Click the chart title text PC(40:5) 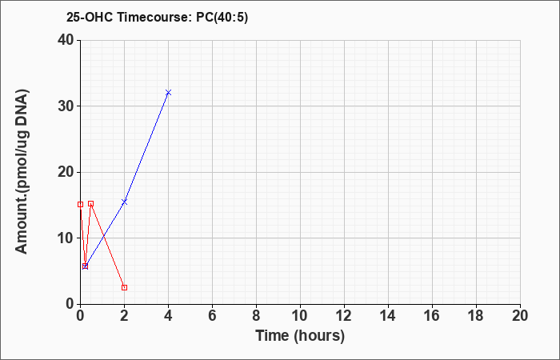pos(222,18)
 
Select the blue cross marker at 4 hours pos(169,93)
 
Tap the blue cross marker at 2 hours pos(124,202)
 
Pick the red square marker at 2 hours pos(124,287)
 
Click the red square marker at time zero pos(80,204)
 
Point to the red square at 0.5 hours pos(90,203)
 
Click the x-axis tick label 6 pos(212,316)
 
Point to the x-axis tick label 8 pos(257,316)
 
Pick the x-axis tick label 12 pos(344,316)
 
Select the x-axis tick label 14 pos(388,316)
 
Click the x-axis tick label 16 pos(432,316)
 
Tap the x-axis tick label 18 pos(477,316)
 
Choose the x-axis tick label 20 pos(520,316)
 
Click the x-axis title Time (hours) pos(300,336)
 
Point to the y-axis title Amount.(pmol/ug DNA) pos(22,172)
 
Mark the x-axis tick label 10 pos(300,316)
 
